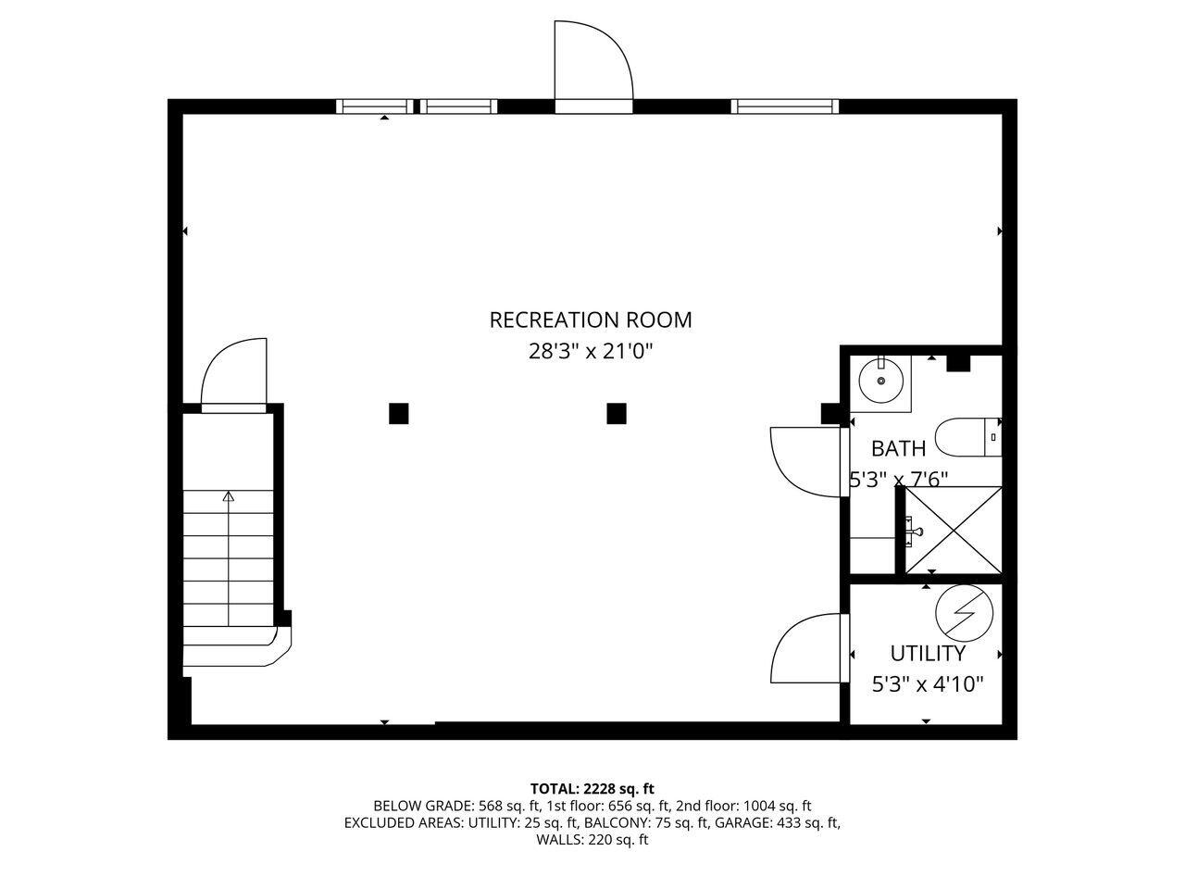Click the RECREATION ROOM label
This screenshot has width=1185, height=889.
(591, 320)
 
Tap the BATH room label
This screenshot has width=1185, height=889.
(898, 449)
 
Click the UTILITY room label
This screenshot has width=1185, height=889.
(928, 654)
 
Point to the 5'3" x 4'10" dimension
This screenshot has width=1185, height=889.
(928, 685)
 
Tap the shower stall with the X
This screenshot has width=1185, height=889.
(953, 530)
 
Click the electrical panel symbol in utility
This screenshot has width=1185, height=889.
(964, 613)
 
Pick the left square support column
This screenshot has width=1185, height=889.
(398, 413)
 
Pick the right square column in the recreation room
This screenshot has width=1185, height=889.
(617, 413)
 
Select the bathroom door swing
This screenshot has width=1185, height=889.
(804, 461)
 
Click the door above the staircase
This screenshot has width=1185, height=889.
(233, 375)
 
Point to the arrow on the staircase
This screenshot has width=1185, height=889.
(229, 498)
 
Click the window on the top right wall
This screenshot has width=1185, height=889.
(784, 106)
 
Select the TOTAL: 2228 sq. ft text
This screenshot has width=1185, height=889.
(592, 789)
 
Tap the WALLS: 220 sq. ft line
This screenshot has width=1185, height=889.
(592, 840)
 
